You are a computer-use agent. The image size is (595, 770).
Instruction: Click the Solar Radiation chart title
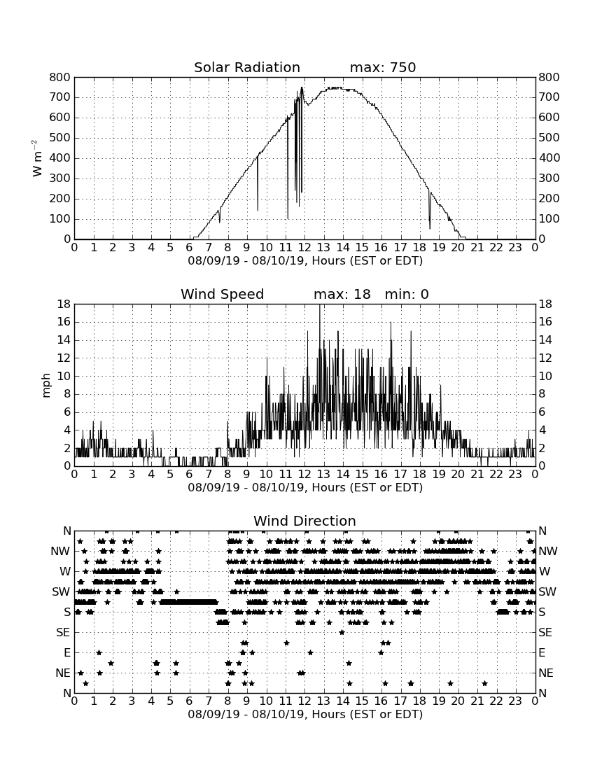click(247, 67)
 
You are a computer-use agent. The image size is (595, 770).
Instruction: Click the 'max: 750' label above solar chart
click(383, 67)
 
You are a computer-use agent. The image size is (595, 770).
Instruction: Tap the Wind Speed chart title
click(223, 294)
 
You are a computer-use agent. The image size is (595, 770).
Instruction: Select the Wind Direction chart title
click(304, 521)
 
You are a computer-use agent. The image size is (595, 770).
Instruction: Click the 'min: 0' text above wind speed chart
click(407, 294)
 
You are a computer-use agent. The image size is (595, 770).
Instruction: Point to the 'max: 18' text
click(342, 294)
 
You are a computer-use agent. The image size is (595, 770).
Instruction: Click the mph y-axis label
click(46, 386)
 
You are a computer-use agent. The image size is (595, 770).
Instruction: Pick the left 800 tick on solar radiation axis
click(60, 77)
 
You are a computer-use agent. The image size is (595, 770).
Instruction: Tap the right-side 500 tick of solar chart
click(549, 137)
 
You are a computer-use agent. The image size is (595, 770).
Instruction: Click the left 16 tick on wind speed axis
click(64, 322)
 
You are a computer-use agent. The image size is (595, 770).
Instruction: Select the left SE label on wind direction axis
click(63, 633)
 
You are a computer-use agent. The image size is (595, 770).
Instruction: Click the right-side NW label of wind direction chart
click(548, 552)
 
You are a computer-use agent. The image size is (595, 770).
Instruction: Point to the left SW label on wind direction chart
click(61, 592)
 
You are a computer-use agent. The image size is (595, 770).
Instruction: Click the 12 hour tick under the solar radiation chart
click(304, 248)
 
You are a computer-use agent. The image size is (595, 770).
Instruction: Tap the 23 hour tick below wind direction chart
click(515, 701)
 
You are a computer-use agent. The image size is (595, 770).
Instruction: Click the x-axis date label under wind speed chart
click(305, 488)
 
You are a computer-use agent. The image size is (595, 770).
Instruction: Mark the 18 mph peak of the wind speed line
click(320, 305)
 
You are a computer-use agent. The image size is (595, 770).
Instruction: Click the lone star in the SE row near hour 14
click(342, 633)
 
